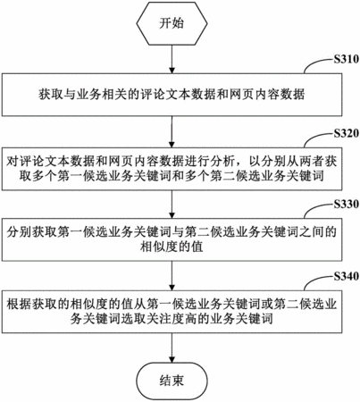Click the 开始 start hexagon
click(x=172, y=23)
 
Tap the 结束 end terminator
click(x=172, y=380)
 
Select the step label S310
click(x=346, y=59)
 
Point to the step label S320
click(x=346, y=133)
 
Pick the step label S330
click(x=346, y=204)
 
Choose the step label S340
click(x=346, y=276)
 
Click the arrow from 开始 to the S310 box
click(x=172, y=59)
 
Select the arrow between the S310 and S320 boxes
click(x=172, y=131)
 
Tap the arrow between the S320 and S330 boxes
click(x=172, y=205)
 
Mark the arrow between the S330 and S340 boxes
click(x=172, y=276)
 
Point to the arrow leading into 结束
click(x=172, y=348)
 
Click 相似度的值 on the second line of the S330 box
click(x=172, y=247)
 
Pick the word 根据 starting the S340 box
click(x=20, y=304)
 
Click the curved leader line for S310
click(x=318, y=63)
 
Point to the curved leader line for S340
click(x=318, y=281)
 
